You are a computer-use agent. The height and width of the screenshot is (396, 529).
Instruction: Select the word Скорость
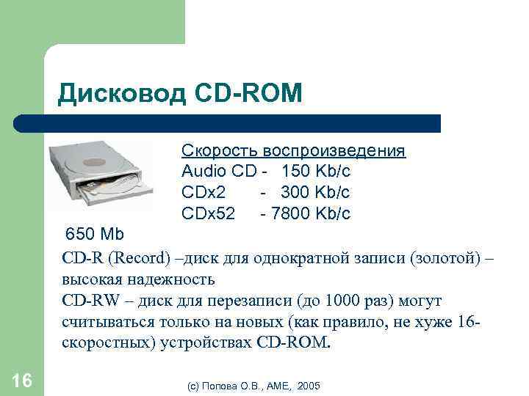[x=218, y=151]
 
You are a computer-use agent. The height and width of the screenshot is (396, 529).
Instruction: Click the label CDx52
[x=209, y=213]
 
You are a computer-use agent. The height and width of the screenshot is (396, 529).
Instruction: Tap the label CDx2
[x=204, y=192]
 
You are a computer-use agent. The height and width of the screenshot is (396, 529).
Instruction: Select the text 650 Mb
[x=96, y=235]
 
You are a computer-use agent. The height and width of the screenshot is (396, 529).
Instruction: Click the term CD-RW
[x=86, y=301]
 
